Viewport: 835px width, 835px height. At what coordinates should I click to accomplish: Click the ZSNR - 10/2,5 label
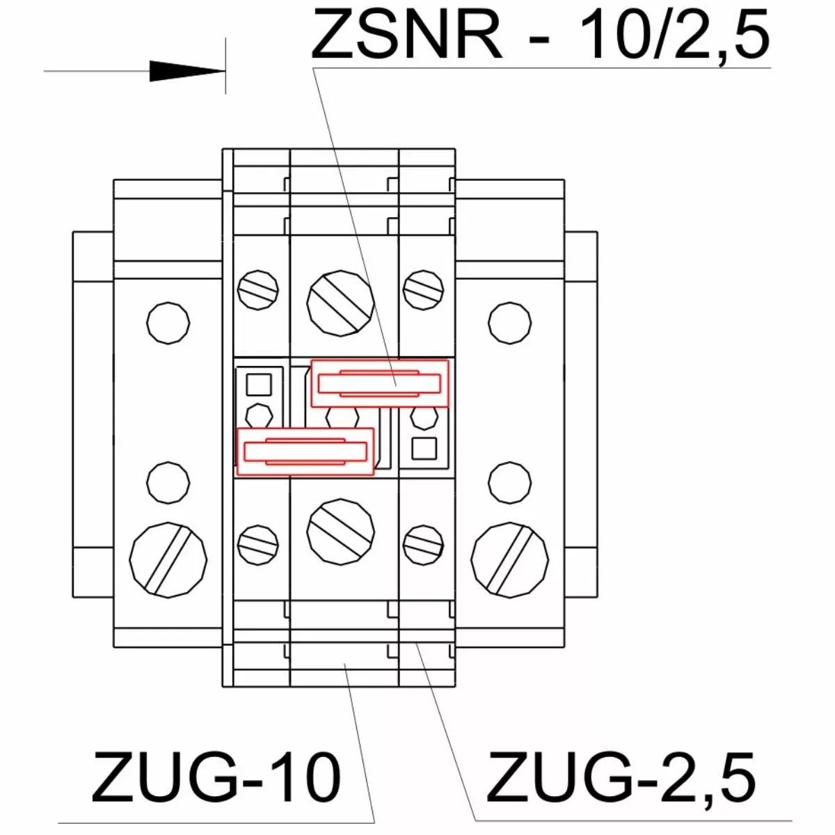(540, 34)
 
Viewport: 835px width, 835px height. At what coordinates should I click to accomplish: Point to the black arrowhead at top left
(187, 71)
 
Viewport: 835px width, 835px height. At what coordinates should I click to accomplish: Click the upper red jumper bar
(380, 383)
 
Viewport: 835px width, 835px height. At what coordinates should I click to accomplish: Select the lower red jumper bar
(305, 452)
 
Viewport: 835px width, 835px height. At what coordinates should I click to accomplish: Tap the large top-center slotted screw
(340, 303)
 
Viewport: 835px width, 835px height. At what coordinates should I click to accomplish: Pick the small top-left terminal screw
(258, 290)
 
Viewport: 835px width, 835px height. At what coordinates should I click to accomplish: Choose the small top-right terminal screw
(423, 290)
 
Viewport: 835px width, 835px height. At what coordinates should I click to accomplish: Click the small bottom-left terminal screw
(258, 545)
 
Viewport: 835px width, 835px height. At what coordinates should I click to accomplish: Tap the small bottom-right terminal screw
(423, 545)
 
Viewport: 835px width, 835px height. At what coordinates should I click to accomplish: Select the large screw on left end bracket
(168, 560)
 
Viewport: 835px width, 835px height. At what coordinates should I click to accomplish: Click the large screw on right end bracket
(509, 560)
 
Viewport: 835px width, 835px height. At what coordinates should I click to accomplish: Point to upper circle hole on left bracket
(168, 324)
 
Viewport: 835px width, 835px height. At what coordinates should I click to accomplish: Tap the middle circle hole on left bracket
(168, 482)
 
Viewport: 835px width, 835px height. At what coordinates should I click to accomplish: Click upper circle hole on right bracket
(509, 324)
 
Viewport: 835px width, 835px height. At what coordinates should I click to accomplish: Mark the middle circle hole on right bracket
(509, 482)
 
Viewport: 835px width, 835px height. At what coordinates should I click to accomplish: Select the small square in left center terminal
(259, 385)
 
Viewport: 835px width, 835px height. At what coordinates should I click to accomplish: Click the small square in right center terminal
(424, 449)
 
